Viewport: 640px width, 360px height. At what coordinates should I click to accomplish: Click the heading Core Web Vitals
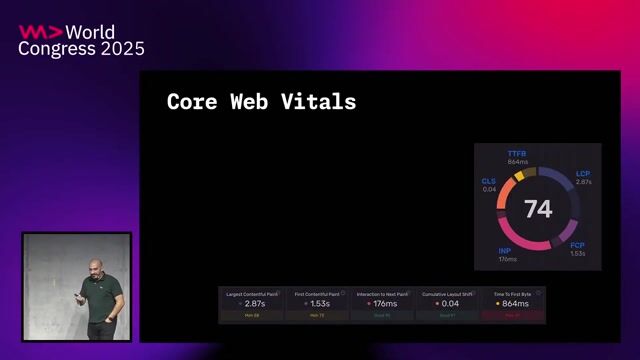[261, 102]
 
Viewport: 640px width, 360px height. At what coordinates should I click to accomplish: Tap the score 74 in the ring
[538, 209]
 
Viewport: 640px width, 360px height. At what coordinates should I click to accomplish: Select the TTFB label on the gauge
[517, 154]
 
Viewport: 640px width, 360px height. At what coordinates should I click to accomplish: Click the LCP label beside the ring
[583, 174]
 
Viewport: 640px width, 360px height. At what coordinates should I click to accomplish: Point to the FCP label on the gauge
[577, 245]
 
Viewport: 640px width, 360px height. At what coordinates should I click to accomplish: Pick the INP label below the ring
[506, 251]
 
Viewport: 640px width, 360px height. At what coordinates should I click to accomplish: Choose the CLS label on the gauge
[489, 181]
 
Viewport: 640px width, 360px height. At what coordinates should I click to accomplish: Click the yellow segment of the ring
[519, 175]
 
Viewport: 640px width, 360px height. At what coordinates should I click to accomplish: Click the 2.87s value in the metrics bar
[254, 302]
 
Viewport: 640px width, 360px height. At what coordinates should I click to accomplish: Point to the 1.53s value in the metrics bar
[318, 302]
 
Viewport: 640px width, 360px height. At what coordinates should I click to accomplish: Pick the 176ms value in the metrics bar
[384, 302]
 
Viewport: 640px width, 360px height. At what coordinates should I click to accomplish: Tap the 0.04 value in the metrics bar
[449, 302]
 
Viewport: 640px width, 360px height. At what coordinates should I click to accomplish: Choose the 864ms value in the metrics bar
[514, 302]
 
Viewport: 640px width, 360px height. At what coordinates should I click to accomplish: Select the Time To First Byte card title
[513, 293]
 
